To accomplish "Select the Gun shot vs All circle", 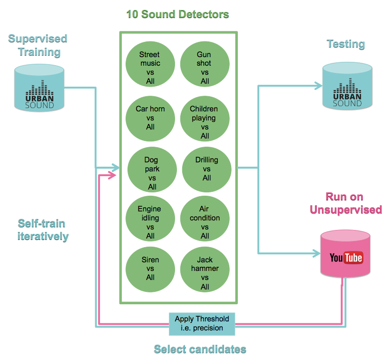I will pyautogui.click(x=205, y=68).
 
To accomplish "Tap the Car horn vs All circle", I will pyautogui.click(x=150, y=118).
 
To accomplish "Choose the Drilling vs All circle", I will pyautogui.click(x=206, y=169).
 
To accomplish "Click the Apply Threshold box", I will pyautogui.click(x=202, y=323).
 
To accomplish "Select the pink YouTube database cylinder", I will pyautogui.click(x=346, y=254).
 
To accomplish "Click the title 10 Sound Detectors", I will pyautogui.click(x=177, y=14).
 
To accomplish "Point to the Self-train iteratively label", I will pyautogui.click(x=43, y=230).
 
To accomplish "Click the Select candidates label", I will pyautogui.click(x=200, y=350).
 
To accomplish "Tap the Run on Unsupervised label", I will pyautogui.click(x=346, y=203).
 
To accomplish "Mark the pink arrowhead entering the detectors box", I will pyautogui.click(x=114, y=175).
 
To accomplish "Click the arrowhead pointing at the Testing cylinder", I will pyautogui.click(x=318, y=86).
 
